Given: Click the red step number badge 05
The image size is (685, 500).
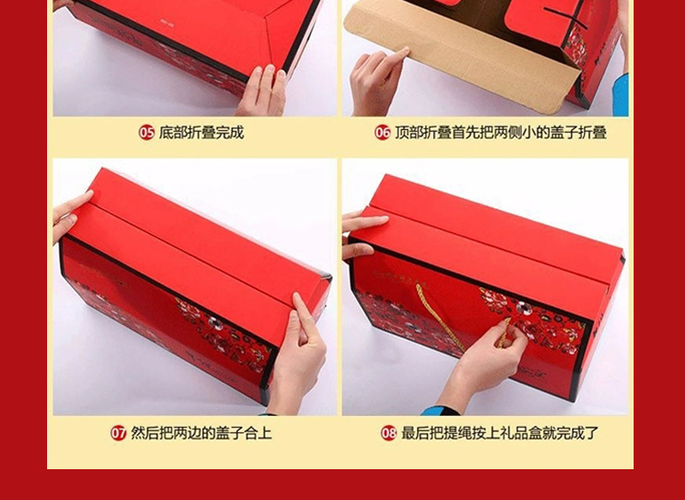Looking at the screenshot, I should coord(147,133).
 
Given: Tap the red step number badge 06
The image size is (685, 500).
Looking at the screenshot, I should coord(382,133).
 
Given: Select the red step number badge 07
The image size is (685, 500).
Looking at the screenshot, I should coord(119,433).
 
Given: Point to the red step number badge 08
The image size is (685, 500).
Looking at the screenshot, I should coord(389,433).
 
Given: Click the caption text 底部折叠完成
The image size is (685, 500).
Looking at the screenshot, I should coord(201,133).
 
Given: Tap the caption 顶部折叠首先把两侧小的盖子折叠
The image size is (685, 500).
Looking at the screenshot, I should coord(500,133).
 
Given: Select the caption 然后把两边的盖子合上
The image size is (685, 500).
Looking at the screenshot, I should coord(201,433).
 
